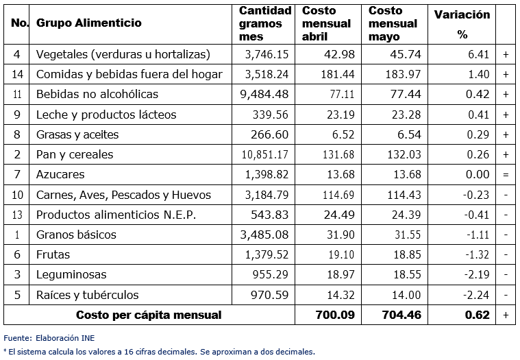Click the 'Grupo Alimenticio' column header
tap(88, 23)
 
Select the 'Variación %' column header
tap(462, 23)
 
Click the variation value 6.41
tap(477, 54)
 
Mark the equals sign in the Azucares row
tap(506, 175)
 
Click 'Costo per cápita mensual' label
tap(149, 315)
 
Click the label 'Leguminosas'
tap(71, 275)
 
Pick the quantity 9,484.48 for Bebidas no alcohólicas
tap(264, 94)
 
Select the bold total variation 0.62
tap(477, 315)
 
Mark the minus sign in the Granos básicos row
tap(506, 235)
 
